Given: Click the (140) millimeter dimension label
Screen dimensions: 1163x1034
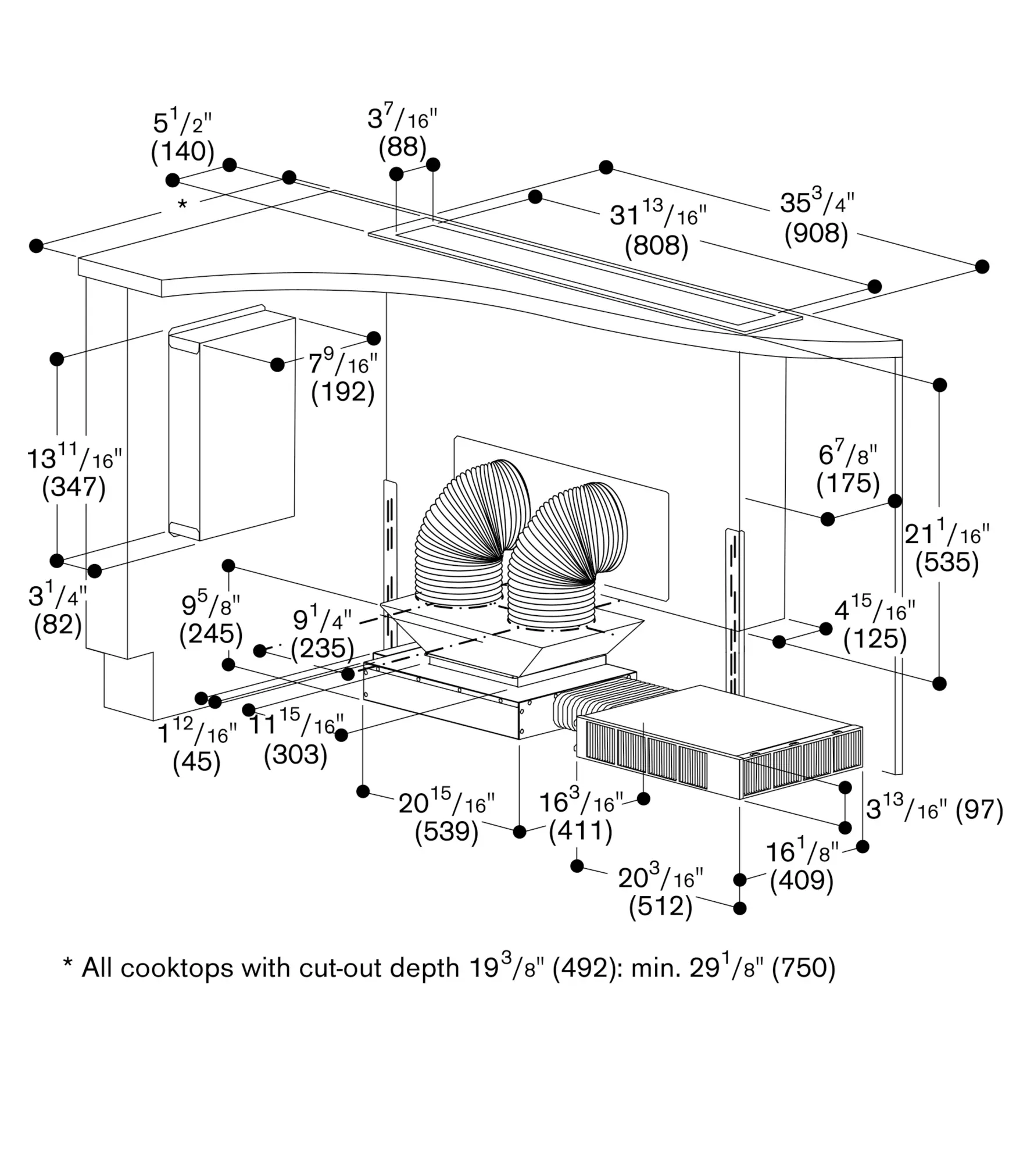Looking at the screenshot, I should pos(183,152).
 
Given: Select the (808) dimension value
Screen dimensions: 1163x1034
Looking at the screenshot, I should pos(656,245).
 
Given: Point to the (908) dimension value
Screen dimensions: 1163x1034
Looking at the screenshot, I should pos(816,233).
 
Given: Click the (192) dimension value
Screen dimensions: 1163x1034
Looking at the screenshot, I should pos(342,392).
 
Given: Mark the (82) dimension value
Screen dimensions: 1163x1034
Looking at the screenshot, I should pos(58,625).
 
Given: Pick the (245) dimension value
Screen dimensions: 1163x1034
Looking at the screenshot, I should pos(210,634).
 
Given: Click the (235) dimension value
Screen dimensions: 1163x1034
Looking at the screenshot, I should pos(323,648).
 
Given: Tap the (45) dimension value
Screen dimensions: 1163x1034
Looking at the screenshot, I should pos(196,762).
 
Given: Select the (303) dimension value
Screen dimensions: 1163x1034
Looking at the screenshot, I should pos(295,755).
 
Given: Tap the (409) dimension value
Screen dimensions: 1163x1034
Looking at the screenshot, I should pos(802,880).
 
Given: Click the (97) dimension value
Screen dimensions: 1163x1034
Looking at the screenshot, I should pos(979,809).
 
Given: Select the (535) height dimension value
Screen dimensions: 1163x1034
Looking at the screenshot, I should pos(947,562).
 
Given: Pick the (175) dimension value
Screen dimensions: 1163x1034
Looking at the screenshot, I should pos(848,483).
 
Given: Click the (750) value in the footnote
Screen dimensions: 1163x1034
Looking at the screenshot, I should pos(803,969).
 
